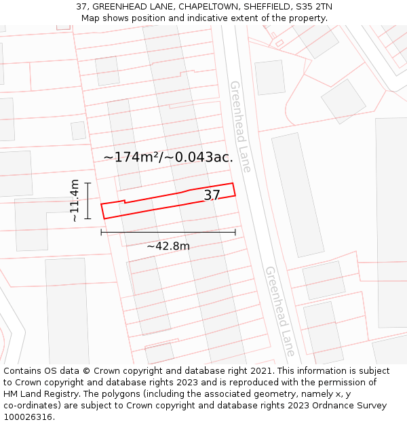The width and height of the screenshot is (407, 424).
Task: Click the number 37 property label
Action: point(212,195)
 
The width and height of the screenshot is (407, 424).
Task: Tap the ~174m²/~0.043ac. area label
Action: point(168,157)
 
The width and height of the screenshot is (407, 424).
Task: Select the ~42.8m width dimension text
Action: point(168,246)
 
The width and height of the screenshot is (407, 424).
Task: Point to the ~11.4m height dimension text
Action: point(75,200)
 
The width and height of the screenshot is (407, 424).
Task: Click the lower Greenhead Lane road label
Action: point(280,311)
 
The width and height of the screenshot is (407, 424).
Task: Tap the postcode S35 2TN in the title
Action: point(313,7)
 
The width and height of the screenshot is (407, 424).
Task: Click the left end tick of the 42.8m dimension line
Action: point(101,233)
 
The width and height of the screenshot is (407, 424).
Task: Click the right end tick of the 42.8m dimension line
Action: point(235,233)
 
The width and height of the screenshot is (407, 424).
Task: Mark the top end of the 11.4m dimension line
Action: point(88,182)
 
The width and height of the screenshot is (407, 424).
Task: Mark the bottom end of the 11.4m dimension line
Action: point(88,218)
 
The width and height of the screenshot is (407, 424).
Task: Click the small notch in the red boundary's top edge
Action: point(125,201)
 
